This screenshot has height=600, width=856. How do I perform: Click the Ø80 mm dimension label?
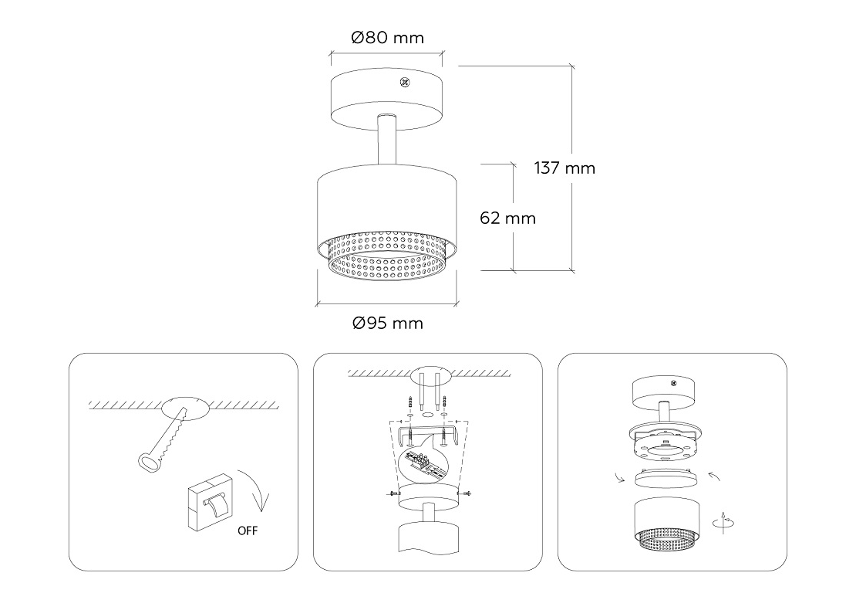(x=388, y=38)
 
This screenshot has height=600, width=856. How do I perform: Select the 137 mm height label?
(x=564, y=168)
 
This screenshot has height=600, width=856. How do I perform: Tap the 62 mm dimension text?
(x=507, y=218)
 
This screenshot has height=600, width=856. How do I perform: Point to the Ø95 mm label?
(x=388, y=323)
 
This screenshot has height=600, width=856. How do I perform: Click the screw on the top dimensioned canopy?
(x=405, y=83)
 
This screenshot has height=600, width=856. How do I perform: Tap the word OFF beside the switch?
(x=248, y=531)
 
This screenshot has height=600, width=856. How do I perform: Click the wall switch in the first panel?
(x=211, y=501)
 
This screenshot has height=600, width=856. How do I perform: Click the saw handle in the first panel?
(x=149, y=463)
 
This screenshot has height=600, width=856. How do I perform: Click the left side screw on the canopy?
(x=391, y=494)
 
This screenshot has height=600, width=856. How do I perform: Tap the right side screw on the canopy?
(x=467, y=494)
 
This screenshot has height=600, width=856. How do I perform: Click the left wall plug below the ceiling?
(x=409, y=403)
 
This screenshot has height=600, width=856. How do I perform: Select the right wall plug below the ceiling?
(x=444, y=403)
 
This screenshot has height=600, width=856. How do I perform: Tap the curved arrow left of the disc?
(x=619, y=478)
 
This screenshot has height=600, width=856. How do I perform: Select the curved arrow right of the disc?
(x=715, y=476)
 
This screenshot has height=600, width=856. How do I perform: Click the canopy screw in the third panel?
(x=674, y=383)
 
